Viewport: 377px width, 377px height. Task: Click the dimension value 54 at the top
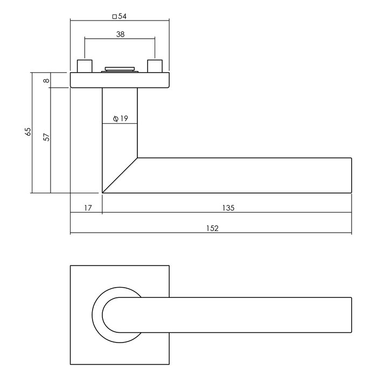pyautogui.click(x=122, y=17)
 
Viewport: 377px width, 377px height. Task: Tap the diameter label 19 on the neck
pyautogui.click(x=123, y=119)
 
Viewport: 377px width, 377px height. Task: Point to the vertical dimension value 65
pyautogui.click(x=29, y=132)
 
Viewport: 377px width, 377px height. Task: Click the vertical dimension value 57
pyautogui.click(x=46, y=137)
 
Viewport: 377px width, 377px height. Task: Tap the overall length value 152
pyautogui.click(x=212, y=228)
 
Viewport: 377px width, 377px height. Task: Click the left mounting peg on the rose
pyautogui.click(x=85, y=67)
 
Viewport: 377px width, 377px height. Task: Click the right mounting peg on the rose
pyautogui.click(x=155, y=67)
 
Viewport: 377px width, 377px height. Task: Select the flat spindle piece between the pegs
pyautogui.click(x=120, y=69)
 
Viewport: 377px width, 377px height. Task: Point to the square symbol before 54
pyautogui.click(x=114, y=17)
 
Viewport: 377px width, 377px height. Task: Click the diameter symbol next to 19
pyautogui.click(x=116, y=119)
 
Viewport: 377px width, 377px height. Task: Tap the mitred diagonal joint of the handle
pyautogui.click(x=120, y=175)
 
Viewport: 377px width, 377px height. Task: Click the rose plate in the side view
pyautogui.click(x=120, y=80)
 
